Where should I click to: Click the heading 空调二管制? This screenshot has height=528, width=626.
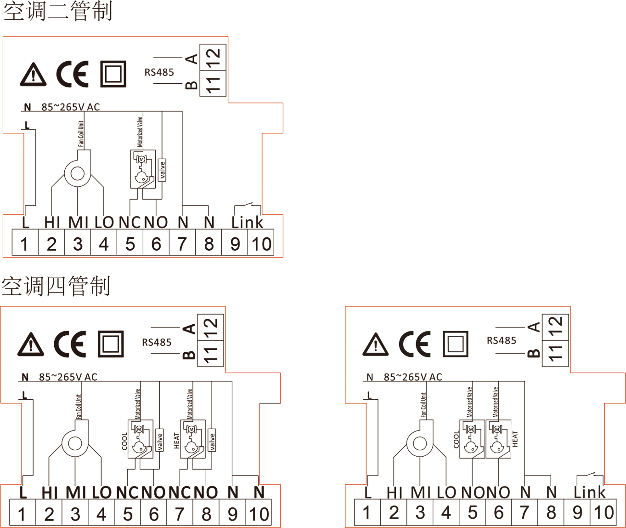coord(58,11)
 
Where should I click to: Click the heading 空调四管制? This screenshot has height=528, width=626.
coord(56,286)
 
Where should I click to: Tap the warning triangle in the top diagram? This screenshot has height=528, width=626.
coord(33,75)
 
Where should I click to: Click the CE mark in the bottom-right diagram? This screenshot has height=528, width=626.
coord(414,344)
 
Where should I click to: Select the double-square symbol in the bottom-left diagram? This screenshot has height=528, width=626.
coord(111,344)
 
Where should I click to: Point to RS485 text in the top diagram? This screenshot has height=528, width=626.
coord(159,72)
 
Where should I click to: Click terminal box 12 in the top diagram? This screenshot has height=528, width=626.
coord(213,57)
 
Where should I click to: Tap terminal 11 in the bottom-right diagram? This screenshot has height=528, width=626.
coord(556,354)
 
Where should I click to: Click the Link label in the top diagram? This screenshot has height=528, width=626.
coord(247,223)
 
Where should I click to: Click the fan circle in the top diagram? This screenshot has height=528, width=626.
coord(78,173)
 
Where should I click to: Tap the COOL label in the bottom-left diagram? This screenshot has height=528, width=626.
coord(124,441)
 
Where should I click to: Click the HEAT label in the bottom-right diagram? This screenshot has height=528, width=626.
coord(515,439)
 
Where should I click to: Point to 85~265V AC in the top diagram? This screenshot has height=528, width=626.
coord(70,107)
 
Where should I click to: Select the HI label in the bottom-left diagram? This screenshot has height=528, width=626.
coord(50,493)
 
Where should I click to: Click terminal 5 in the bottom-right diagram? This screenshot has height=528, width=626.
coord(473,512)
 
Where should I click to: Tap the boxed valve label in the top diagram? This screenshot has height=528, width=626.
coord(162,170)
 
